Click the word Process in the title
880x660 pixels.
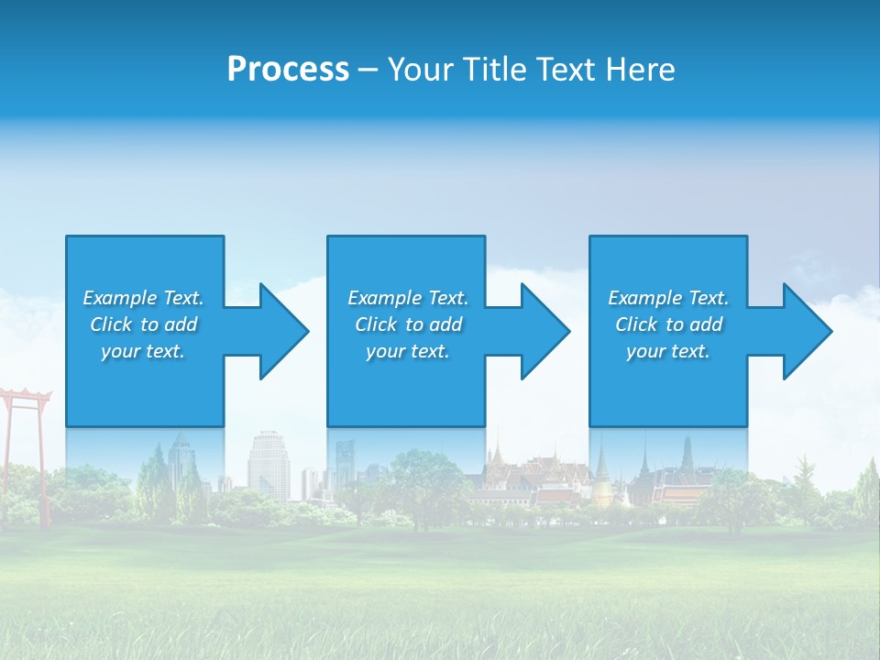288,70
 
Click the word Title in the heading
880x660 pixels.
493,70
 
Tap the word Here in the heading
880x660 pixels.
643,70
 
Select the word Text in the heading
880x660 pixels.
568,70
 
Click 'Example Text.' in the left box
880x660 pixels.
143,298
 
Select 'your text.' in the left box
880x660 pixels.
143,351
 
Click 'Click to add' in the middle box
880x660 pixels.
408,324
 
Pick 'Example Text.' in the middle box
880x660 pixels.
408,298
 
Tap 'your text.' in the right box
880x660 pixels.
668,351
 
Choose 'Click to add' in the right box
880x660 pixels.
668,324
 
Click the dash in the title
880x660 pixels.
368,70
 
